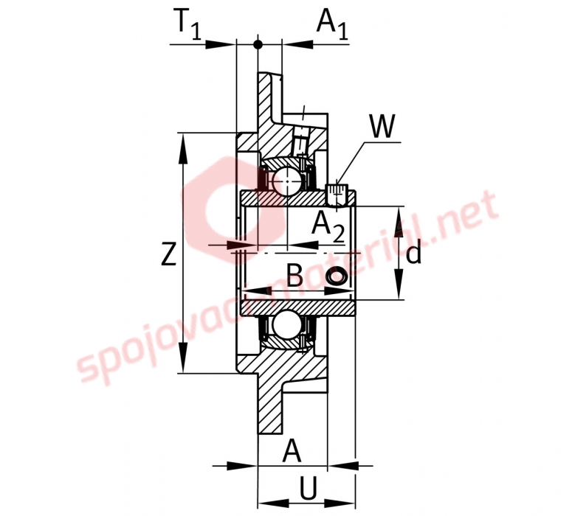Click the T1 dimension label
pyautogui.click(x=187, y=24)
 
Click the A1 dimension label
pyautogui.click(x=332, y=24)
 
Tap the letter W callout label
pyautogui.click(x=382, y=127)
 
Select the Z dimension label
pyautogui.click(x=169, y=254)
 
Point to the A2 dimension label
pyautogui.click(x=328, y=227)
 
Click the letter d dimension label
pyautogui.click(x=413, y=254)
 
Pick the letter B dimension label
pyautogui.click(x=294, y=275)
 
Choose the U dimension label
pyautogui.click(x=308, y=487)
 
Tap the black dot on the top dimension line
pyautogui.click(x=258, y=45)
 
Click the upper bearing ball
pyautogui.click(x=288, y=181)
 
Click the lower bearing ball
pyautogui.click(x=288, y=324)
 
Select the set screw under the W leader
pyautogui.click(x=336, y=195)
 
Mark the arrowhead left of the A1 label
pyautogui.click(x=298, y=45)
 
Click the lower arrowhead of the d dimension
pyautogui.click(x=400, y=284)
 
